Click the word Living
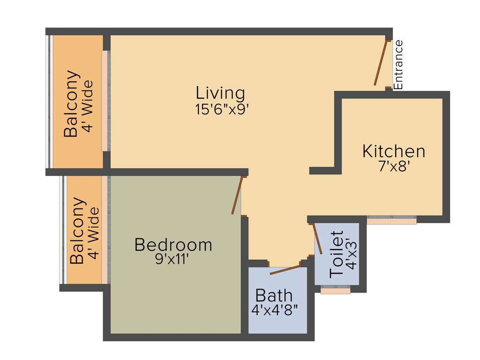[220, 93]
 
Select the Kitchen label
[394, 151]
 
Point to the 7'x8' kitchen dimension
[394, 166]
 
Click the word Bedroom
[173, 245]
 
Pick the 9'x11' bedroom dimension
[173, 259]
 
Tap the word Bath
[274, 296]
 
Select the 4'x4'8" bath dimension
[275, 310]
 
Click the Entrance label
[398, 65]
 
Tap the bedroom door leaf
[237, 195]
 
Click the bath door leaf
[285, 270]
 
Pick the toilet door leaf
[317, 239]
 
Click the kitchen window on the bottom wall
[391, 219]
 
